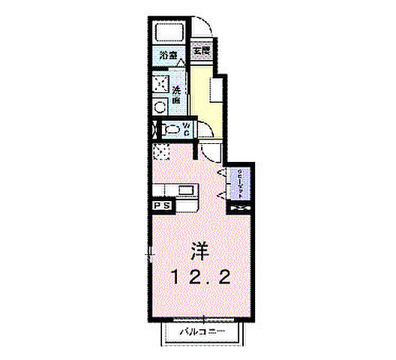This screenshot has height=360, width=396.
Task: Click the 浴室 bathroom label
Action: coord(169,55)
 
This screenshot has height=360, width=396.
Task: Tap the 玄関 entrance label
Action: coord(200,53)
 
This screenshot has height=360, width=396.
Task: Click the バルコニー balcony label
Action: coord(202,331)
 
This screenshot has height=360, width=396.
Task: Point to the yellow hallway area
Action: coord(200,97)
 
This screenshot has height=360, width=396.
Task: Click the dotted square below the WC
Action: coord(163,153)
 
